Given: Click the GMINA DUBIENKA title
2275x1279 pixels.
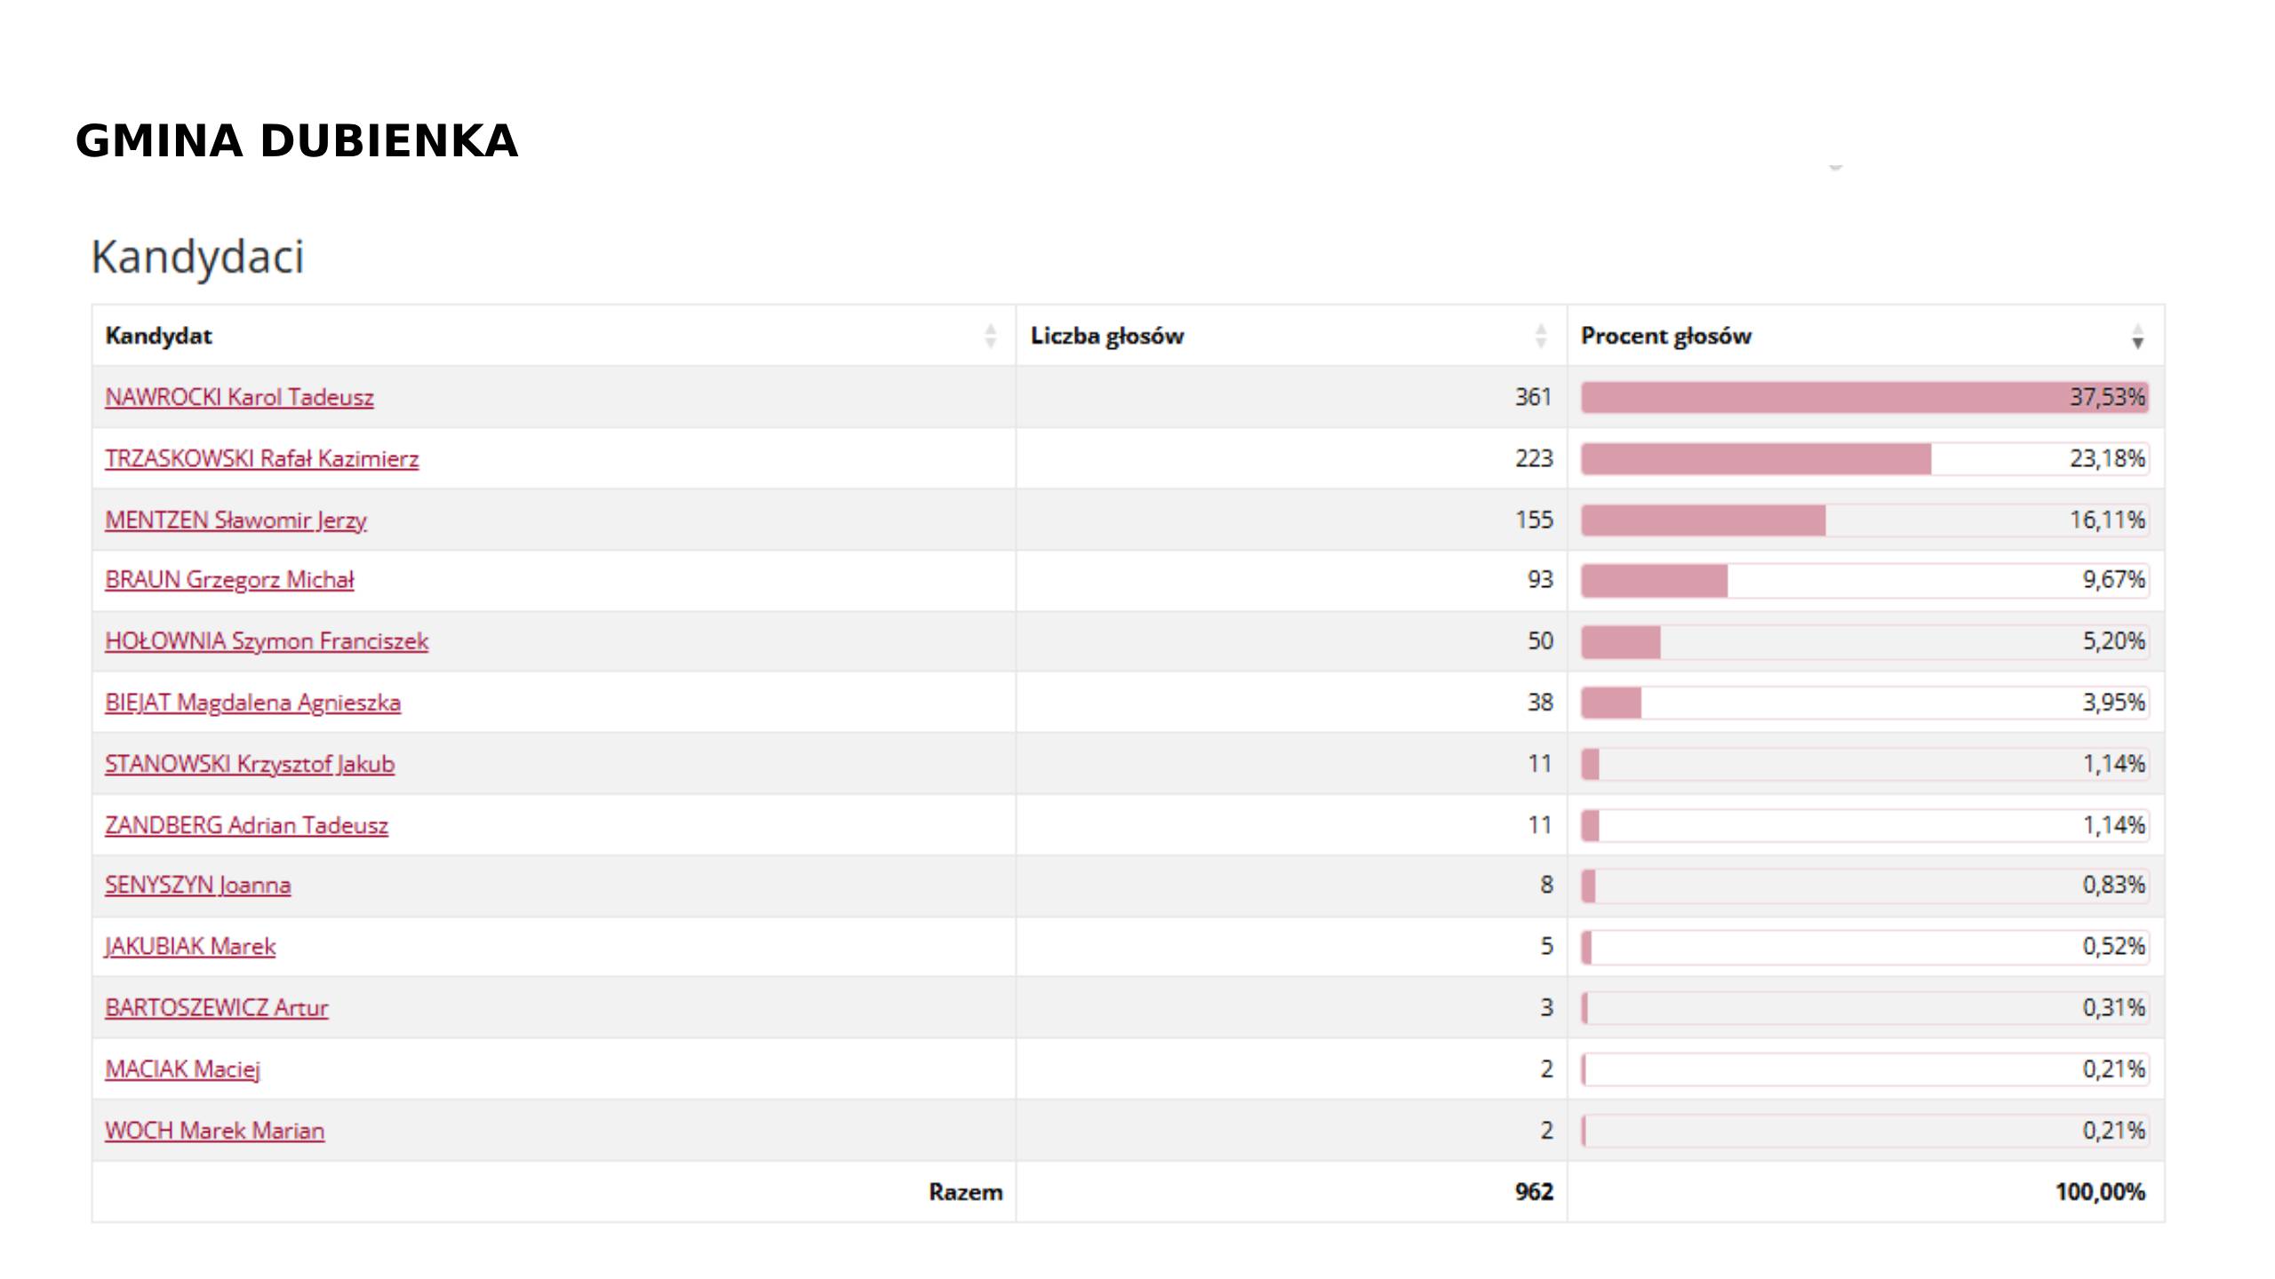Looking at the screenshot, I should [x=297, y=142].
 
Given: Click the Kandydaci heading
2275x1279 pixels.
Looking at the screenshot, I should [x=197, y=258].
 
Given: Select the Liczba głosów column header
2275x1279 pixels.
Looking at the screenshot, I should [x=1106, y=336].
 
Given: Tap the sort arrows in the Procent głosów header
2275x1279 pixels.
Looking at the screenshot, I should [x=2137, y=337].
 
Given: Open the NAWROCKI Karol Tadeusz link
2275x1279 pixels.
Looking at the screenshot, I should [x=239, y=397].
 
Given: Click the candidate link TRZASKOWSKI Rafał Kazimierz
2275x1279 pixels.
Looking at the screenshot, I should [x=261, y=458].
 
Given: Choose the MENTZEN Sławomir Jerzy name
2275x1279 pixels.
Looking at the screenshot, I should [x=235, y=520].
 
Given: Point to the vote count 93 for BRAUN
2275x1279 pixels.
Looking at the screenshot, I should [x=1540, y=580].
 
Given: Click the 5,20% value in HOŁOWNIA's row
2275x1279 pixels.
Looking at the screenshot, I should [x=2113, y=641].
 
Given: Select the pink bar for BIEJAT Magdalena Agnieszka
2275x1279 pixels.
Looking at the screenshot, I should [x=1611, y=703].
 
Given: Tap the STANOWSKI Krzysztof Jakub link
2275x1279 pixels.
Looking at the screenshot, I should [x=250, y=764].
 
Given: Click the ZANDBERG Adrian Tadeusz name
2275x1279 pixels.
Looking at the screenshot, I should [x=246, y=825].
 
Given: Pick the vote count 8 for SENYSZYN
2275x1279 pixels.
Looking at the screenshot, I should [x=1546, y=885].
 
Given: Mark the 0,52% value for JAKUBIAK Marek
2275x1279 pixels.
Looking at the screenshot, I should [x=2113, y=946].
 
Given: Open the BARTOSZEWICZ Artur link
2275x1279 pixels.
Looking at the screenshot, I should [x=217, y=1008].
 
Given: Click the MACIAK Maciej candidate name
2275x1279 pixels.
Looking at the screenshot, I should [x=182, y=1068].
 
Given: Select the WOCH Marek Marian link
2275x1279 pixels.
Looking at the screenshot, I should [x=215, y=1131].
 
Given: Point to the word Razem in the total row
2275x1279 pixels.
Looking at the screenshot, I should [x=965, y=1192].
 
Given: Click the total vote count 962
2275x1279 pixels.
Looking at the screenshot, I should [x=1534, y=1192].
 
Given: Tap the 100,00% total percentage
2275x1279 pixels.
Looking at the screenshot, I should [x=2099, y=1192].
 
